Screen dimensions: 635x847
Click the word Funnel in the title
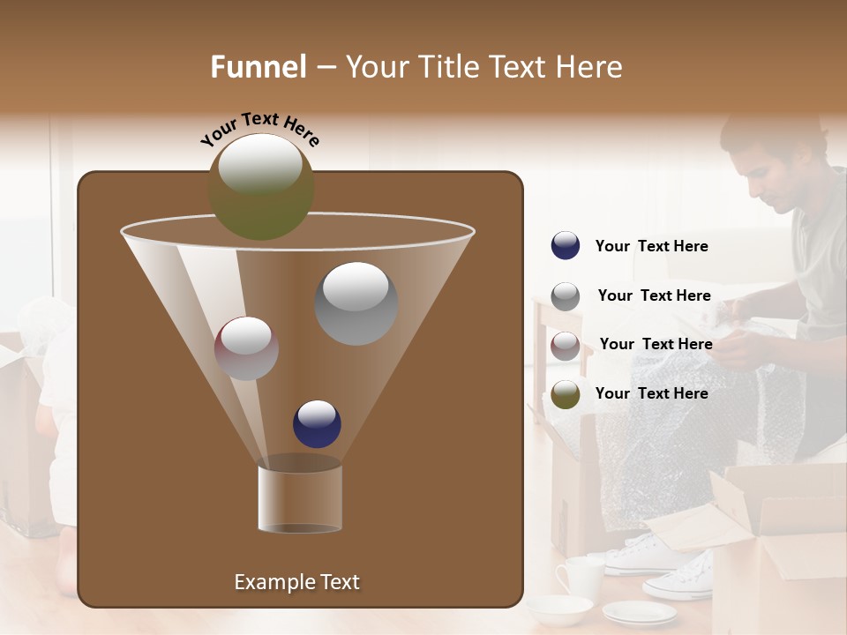(x=259, y=67)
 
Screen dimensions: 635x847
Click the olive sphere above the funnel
(x=260, y=186)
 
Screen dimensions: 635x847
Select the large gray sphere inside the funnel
(x=356, y=303)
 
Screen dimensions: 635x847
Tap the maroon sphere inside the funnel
(x=246, y=348)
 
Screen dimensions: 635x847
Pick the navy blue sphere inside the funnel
(x=317, y=423)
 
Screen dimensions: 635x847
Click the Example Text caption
(x=296, y=582)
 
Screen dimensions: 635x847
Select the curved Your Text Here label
(x=259, y=129)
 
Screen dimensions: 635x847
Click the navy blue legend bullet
(x=566, y=246)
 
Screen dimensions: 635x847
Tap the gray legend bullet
(x=566, y=296)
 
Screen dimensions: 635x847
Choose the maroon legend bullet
(x=566, y=346)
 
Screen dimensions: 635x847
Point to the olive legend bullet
(x=566, y=394)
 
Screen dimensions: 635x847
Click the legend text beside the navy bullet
(x=651, y=247)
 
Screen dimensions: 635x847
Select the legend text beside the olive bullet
(x=651, y=393)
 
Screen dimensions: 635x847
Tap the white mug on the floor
(x=581, y=576)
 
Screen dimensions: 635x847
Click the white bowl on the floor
(x=559, y=609)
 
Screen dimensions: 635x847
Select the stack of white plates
(x=639, y=612)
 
